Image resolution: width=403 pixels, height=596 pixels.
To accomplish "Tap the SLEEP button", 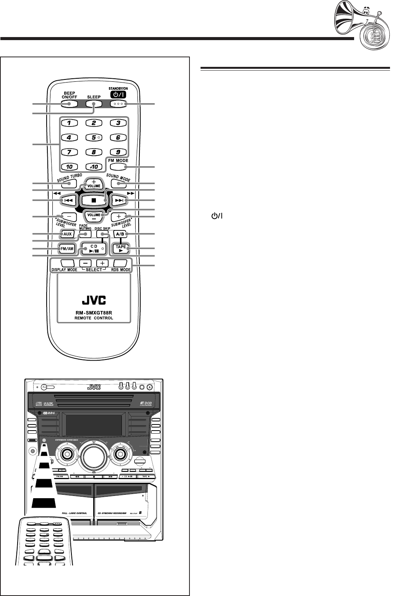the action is point(94,104).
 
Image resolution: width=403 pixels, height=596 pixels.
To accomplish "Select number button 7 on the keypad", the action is point(69,152).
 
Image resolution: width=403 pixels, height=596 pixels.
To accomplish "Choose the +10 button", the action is point(94,167).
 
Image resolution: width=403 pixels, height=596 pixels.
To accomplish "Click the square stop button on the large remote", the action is point(94,199).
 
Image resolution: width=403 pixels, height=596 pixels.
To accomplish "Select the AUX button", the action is point(65,233).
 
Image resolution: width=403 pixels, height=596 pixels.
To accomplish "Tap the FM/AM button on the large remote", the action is point(65,249).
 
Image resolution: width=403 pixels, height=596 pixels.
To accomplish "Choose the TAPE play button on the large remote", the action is point(121,249).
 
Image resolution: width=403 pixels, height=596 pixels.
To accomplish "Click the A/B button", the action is point(121,233).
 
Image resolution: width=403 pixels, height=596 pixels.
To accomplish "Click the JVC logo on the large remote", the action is point(94,297).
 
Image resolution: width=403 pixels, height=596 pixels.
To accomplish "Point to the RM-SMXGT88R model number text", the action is point(94,312).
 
